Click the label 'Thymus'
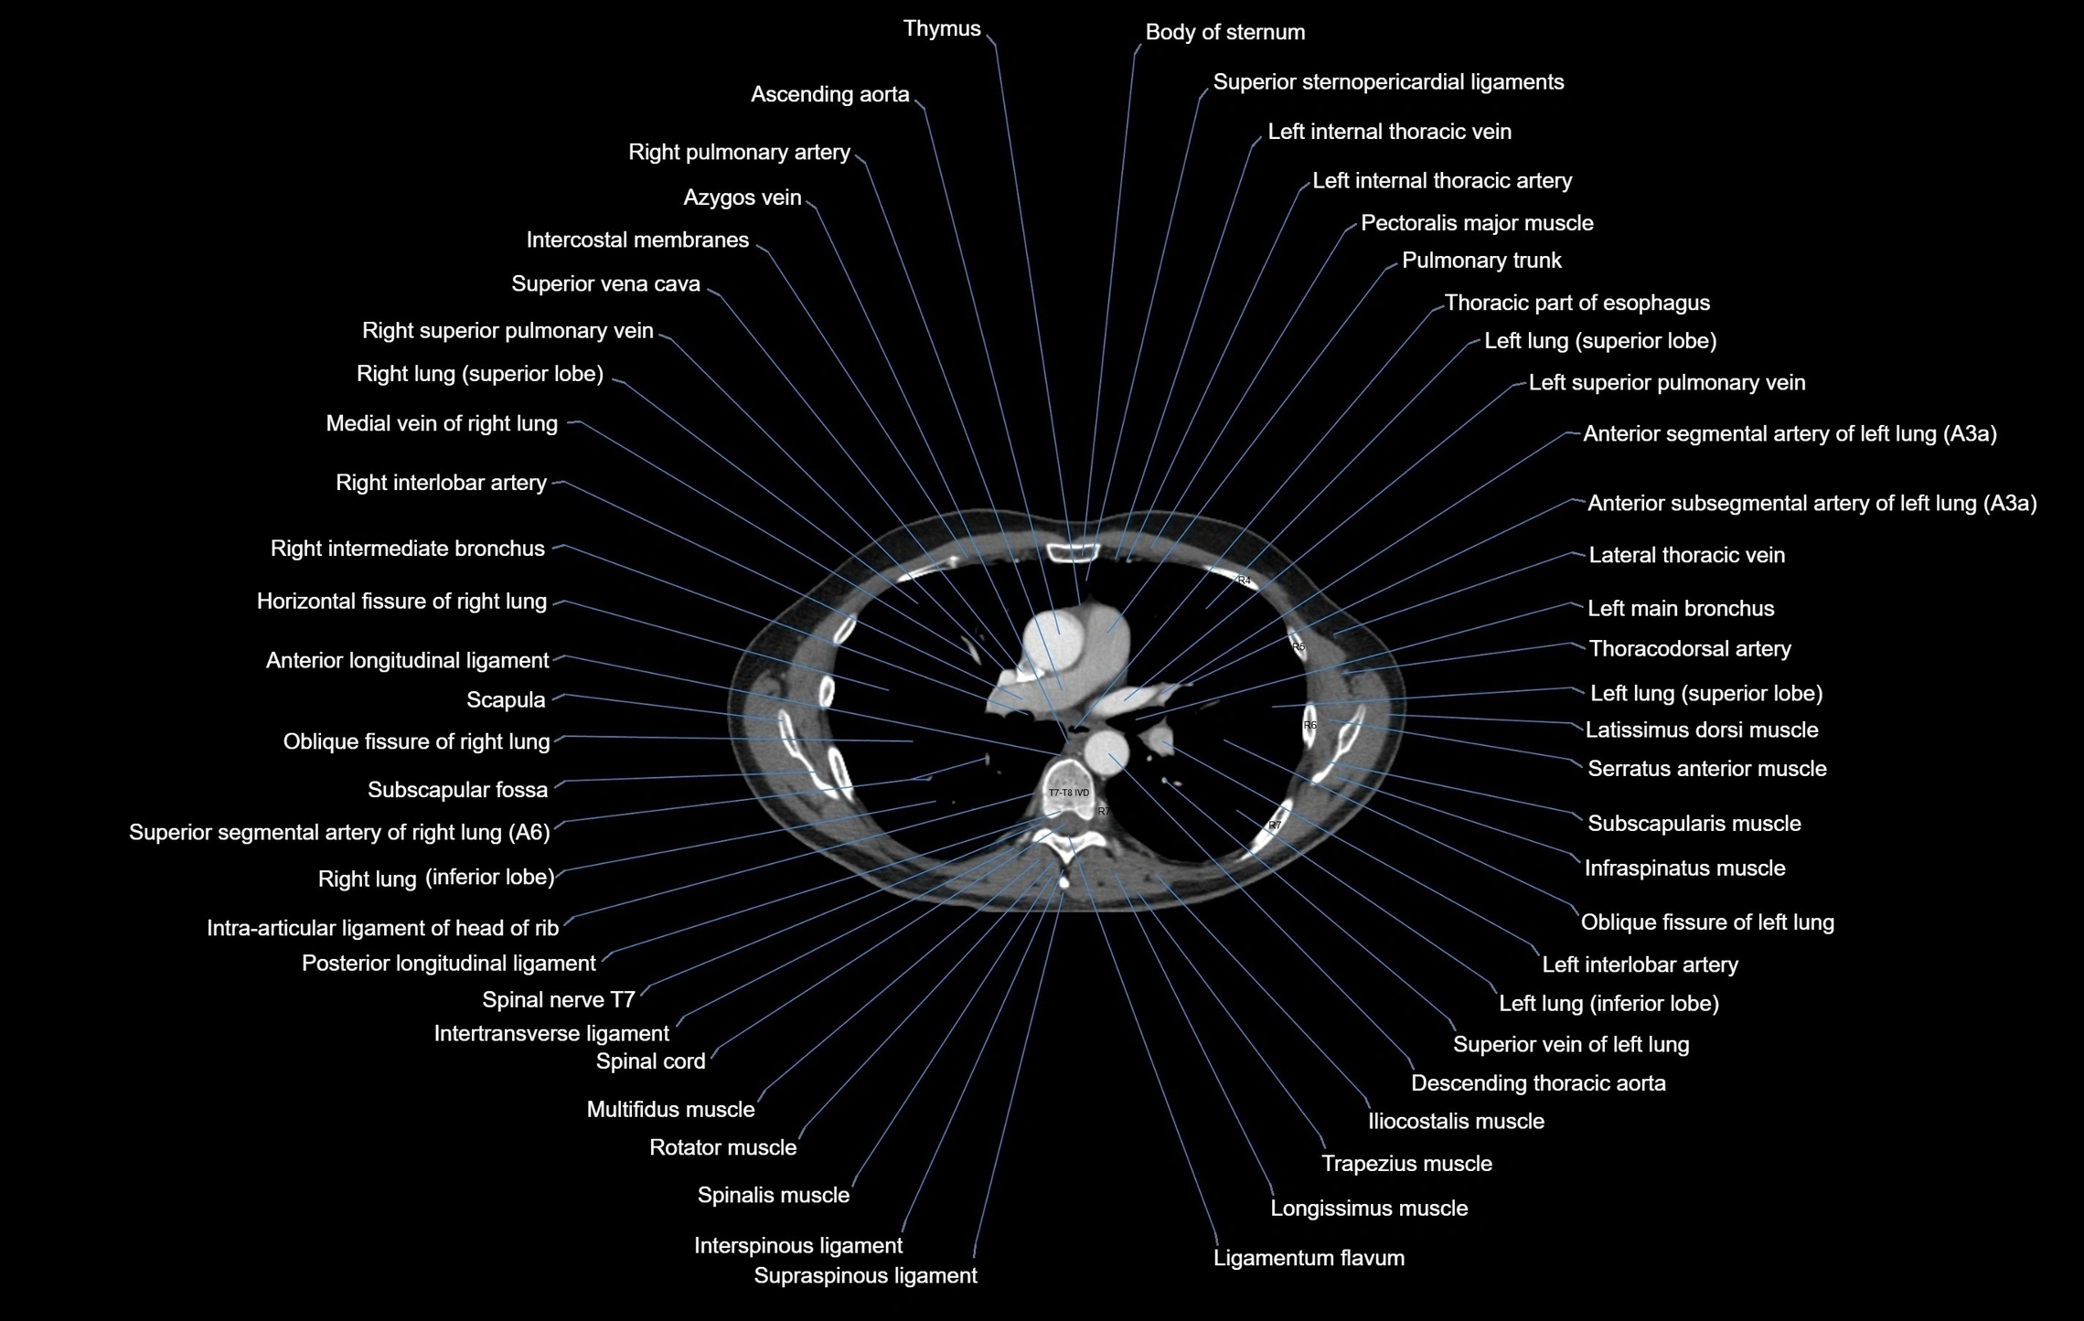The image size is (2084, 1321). pos(941,29)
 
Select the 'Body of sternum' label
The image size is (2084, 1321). pos(1224,33)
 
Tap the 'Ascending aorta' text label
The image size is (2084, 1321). pos(829,95)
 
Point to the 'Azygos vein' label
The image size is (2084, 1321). pos(742,198)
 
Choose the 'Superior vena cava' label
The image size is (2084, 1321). pos(605,284)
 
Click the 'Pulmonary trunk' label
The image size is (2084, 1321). pos(1480,261)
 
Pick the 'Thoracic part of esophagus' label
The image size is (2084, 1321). pos(1576,304)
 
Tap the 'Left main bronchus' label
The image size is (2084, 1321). pos(1680,609)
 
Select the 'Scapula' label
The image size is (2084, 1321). pos(506,700)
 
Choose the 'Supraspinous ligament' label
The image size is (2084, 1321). pos(865,1276)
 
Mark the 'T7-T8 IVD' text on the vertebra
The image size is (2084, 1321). pos(1068,793)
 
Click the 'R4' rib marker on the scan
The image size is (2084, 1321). pos(1243,581)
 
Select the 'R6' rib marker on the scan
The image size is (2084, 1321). pos(1309,725)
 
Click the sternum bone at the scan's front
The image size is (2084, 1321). pos(1073,551)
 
